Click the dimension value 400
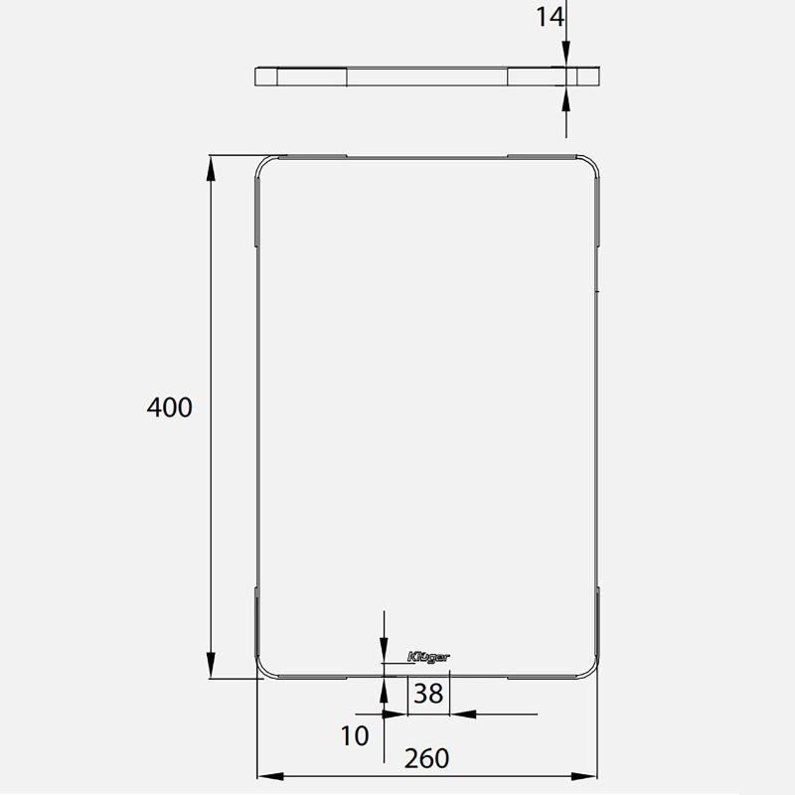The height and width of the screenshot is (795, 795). (x=169, y=406)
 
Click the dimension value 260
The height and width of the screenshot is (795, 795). (x=427, y=759)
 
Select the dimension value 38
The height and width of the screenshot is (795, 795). (x=428, y=694)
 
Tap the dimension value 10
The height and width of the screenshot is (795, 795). (x=355, y=736)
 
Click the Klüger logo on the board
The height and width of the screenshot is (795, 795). (x=428, y=656)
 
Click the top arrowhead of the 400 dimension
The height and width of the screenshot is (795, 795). (x=211, y=168)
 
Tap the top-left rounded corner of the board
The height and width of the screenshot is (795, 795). (x=264, y=164)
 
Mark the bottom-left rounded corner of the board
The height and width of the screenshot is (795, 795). (x=264, y=669)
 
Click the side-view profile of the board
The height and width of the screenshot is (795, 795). (x=428, y=78)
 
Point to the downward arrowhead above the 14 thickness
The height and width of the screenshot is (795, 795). (x=565, y=59)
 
